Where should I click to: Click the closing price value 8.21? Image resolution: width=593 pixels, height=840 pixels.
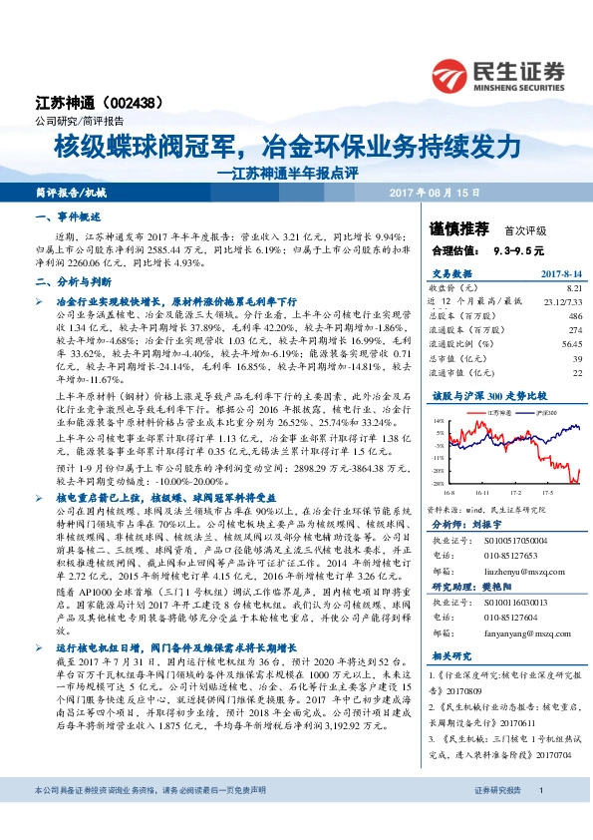pos(571,286)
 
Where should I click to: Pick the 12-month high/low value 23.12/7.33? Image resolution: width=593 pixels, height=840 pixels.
pos(558,299)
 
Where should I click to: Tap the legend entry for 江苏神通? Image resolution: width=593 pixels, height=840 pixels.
pos(497,411)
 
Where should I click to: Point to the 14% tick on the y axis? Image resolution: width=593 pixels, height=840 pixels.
pos(439,421)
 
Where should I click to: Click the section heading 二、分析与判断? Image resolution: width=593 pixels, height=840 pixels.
pos(68,283)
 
